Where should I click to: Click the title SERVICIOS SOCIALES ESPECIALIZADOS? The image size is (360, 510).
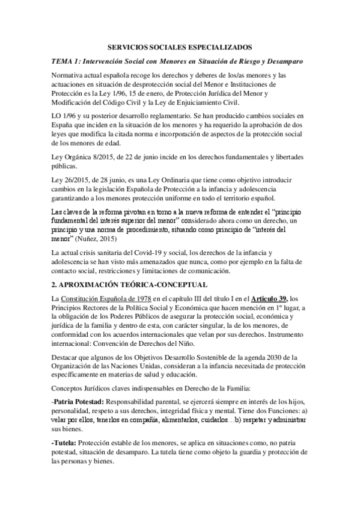pos(180,46)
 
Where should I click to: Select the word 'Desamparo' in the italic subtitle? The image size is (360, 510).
pos(284,61)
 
